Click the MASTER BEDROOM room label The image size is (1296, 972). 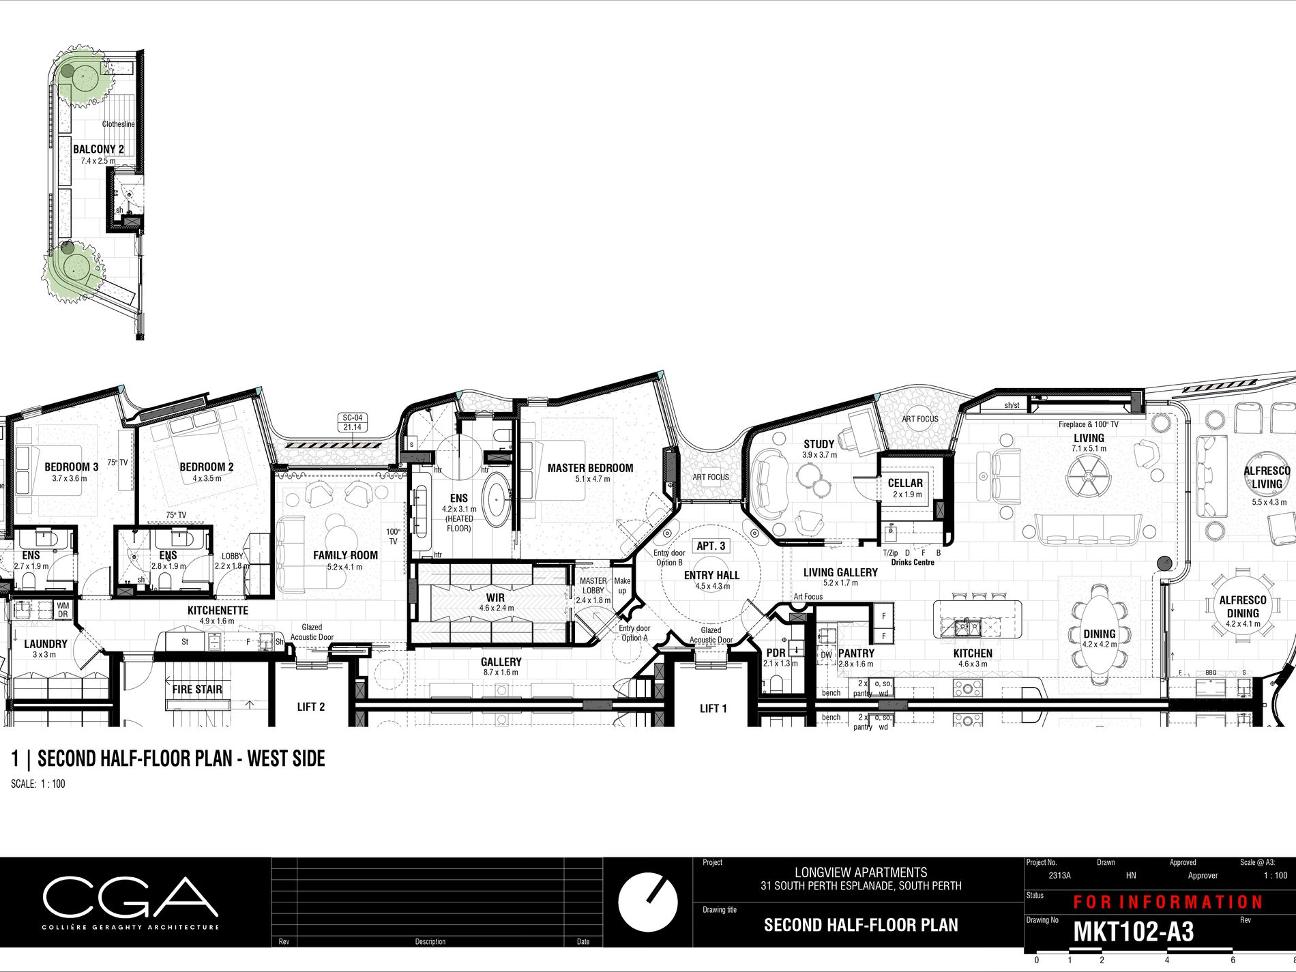[590, 468]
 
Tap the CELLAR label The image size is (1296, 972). [905, 483]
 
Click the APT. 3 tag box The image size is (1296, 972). [711, 546]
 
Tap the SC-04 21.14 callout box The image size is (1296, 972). [352, 422]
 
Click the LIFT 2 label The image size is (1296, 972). [310, 707]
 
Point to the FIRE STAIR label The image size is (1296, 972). [197, 690]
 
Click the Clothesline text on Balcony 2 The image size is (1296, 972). [118, 124]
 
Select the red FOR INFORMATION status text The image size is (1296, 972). [1168, 902]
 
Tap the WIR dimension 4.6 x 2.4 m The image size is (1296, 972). [496, 608]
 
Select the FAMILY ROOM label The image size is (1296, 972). [345, 555]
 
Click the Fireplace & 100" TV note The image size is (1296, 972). [1089, 424]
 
